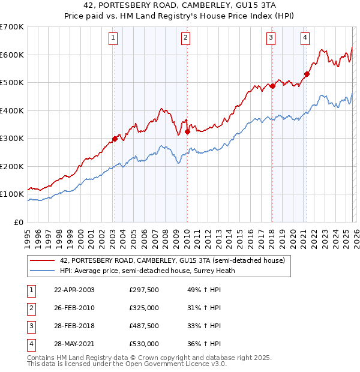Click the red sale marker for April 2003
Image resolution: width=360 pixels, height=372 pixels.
(115, 139)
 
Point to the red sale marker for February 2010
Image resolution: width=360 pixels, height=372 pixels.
(187, 131)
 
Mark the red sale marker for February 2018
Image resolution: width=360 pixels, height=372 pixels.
(272, 86)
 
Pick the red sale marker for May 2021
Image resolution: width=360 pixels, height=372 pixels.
(307, 74)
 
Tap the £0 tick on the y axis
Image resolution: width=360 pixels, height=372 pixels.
(19, 223)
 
